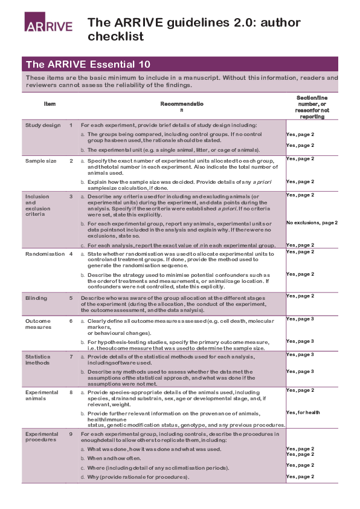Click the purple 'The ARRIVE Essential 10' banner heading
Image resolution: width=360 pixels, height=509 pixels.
pyautogui.click(x=88, y=64)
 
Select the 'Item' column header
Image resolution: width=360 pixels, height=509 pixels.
pyautogui.click(x=50, y=104)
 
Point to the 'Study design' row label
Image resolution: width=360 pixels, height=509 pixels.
pyautogui.click(x=43, y=125)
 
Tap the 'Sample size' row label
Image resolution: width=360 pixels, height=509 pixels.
pyautogui.click(x=40, y=161)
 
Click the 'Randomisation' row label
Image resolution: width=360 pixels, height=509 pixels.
pyautogui.click(x=44, y=254)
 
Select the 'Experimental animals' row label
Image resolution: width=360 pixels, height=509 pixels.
pyautogui.click(x=42, y=396)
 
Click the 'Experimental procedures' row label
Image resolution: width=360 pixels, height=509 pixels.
pyautogui.click(x=42, y=438)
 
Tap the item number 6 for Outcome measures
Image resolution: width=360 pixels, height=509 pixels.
pyautogui.click(x=71, y=321)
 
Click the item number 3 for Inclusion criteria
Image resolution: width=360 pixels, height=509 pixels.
pyautogui.click(x=71, y=196)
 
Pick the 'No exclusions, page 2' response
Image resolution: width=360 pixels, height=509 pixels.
pyautogui.click(x=320, y=222)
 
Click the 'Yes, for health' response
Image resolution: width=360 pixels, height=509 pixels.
pyautogui.click(x=303, y=412)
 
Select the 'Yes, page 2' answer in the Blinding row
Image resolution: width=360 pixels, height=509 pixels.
pyautogui.click(x=300, y=296)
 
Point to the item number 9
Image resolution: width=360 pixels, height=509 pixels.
pyautogui.click(x=71, y=434)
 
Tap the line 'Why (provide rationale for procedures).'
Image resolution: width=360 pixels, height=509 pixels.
pyautogui.click(x=138, y=477)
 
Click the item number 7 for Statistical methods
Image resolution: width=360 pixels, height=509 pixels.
pyautogui.click(x=71, y=357)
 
